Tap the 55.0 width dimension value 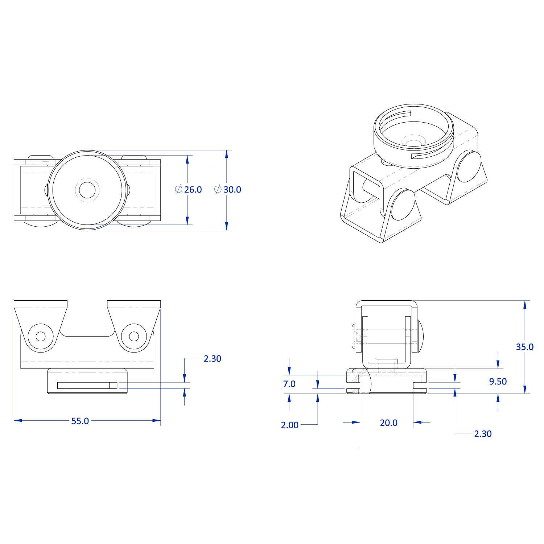click(x=80, y=421)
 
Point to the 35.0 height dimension click(x=524, y=347)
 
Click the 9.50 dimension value click(x=498, y=381)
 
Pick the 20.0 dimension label click(x=388, y=423)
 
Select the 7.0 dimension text click(x=289, y=384)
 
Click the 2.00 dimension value click(x=289, y=425)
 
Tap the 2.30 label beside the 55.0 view click(x=212, y=358)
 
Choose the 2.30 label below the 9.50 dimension click(x=483, y=434)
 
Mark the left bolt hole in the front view click(x=41, y=337)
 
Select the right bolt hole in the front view click(x=134, y=337)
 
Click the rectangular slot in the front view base click(x=87, y=385)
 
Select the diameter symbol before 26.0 click(x=178, y=189)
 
